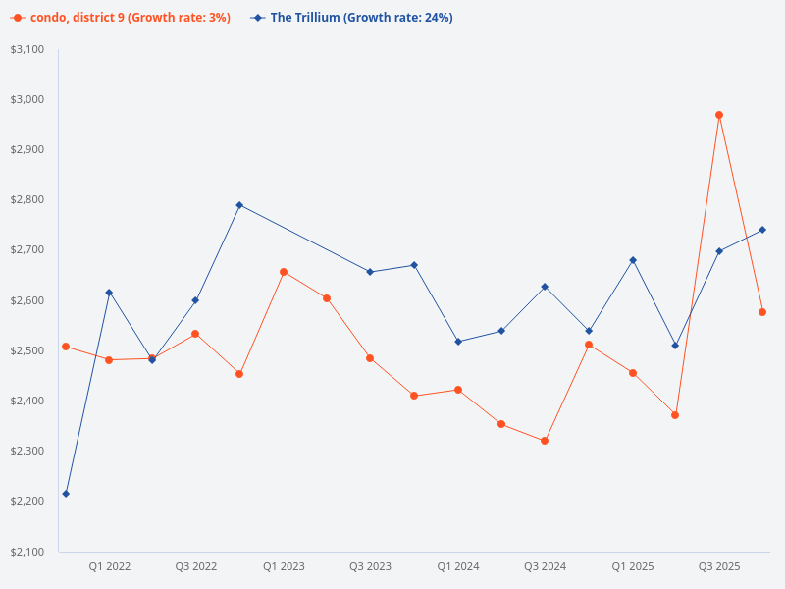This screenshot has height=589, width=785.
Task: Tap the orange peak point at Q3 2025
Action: tap(719, 115)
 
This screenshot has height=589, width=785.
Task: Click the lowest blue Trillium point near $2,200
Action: tap(66, 494)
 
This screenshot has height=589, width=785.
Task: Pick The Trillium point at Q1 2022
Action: tap(109, 293)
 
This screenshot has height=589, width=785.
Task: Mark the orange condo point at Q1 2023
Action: tap(284, 272)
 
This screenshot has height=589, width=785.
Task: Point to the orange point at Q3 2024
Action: tap(545, 441)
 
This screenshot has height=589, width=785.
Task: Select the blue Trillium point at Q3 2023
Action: tap(370, 272)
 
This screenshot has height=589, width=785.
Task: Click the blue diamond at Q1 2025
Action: tap(633, 260)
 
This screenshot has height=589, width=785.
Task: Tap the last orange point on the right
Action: tap(762, 312)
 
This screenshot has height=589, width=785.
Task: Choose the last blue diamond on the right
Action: tap(762, 230)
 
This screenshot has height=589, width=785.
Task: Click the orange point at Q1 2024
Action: tap(457, 390)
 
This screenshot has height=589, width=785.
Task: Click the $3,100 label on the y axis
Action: tap(27, 49)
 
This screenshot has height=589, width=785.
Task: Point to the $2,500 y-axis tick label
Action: tap(27, 350)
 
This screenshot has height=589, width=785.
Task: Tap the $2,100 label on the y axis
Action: tap(27, 552)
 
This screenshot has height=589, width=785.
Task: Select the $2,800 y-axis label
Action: tap(27, 200)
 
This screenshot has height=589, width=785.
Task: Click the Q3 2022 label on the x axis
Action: tap(196, 566)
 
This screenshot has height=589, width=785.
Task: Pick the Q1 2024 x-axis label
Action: tap(457, 566)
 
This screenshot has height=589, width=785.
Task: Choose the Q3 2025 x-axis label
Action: tap(719, 566)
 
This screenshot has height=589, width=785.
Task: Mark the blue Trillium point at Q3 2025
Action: tap(719, 251)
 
